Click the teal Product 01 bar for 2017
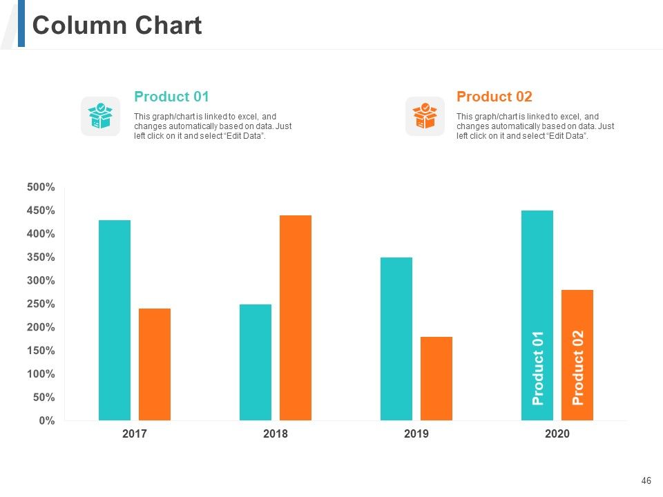(x=115, y=320)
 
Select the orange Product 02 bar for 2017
(x=155, y=364)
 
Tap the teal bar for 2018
(x=256, y=362)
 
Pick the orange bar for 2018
(x=296, y=318)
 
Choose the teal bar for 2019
(x=396, y=338)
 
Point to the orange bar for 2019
(x=436, y=378)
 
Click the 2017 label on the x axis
(x=135, y=433)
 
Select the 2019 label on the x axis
(x=416, y=433)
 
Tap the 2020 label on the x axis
(x=557, y=433)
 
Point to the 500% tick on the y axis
(x=41, y=187)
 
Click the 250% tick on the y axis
(x=41, y=304)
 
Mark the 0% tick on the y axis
(x=47, y=420)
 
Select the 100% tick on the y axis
(x=41, y=373)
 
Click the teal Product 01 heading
(x=172, y=97)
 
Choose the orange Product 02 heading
(x=494, y=97)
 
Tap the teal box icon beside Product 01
(x=101, y=116)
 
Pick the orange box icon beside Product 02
(x=425, y=116)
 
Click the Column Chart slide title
(x=117, y=25)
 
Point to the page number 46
(x=646, y=480)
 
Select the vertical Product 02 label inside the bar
(x=577, y=367)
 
